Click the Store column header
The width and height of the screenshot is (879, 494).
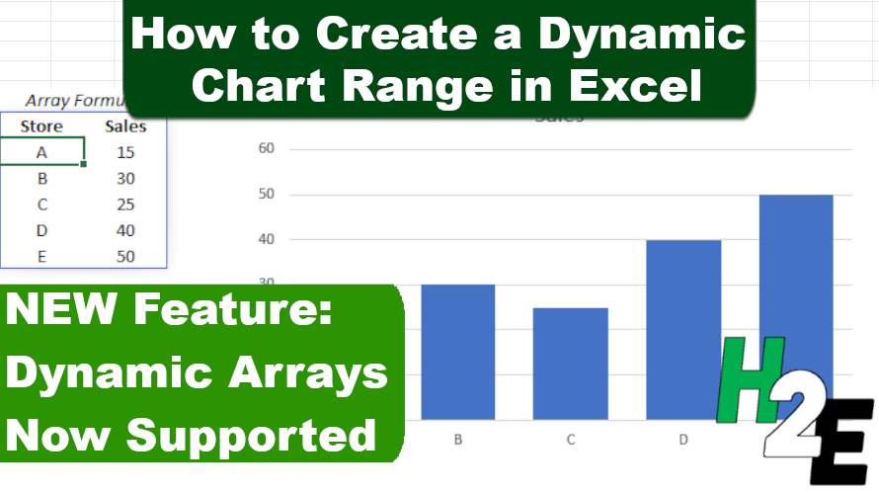click(x=41, y=126)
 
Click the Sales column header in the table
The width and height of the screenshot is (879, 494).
click(x=125, y=126)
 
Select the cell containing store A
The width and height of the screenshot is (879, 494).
click(x=41, y=152)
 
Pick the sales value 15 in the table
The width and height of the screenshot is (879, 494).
click(x=125, y=152)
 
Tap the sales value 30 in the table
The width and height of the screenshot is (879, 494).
click(x=125, y=179)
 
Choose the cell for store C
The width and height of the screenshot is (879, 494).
click(x=41, y=205)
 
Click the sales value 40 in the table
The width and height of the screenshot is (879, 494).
click(x=125, y=231)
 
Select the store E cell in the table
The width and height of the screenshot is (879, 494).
click(x=41, y=257)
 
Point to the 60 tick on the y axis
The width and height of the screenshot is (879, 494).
click(x=266, y=149)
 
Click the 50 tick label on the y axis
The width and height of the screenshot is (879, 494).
click(x=266, y=195)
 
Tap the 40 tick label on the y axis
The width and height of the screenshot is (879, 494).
click(x=266, y=239)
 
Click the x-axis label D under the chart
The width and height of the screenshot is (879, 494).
click(x=683, y=438)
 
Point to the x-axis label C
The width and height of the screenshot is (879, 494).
click(x=570, y=438)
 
